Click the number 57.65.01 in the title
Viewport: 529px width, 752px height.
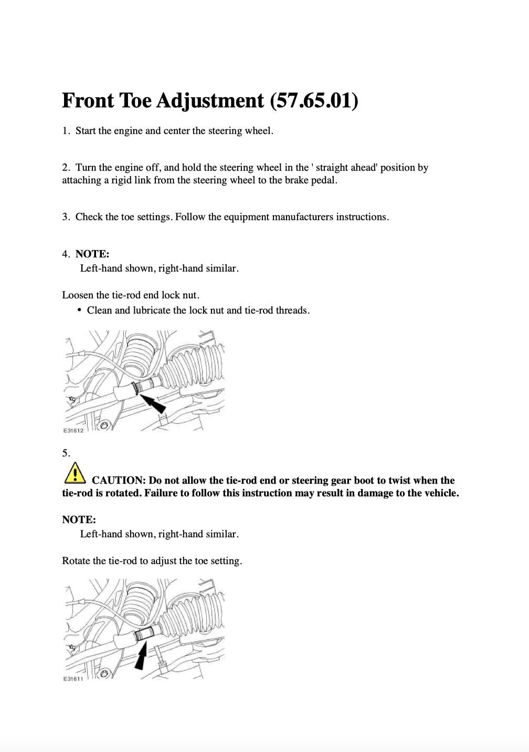tap(314, 100)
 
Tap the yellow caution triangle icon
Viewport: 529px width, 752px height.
tap(75, 473)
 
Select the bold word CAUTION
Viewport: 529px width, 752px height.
tap(118, 481)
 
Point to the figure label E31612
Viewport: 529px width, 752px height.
tap(73, 431)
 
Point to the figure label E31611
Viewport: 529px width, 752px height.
tap(73, 679)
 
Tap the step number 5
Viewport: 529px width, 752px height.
tap(66, 453)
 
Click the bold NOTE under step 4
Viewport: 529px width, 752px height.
tap(92, 254)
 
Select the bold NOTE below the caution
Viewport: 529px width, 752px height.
tap(79, 520)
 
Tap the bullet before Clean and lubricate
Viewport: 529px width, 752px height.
tap(80, 310)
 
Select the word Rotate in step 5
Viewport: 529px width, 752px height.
tap(76, 561)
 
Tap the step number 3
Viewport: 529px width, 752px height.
tap(65, 217)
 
